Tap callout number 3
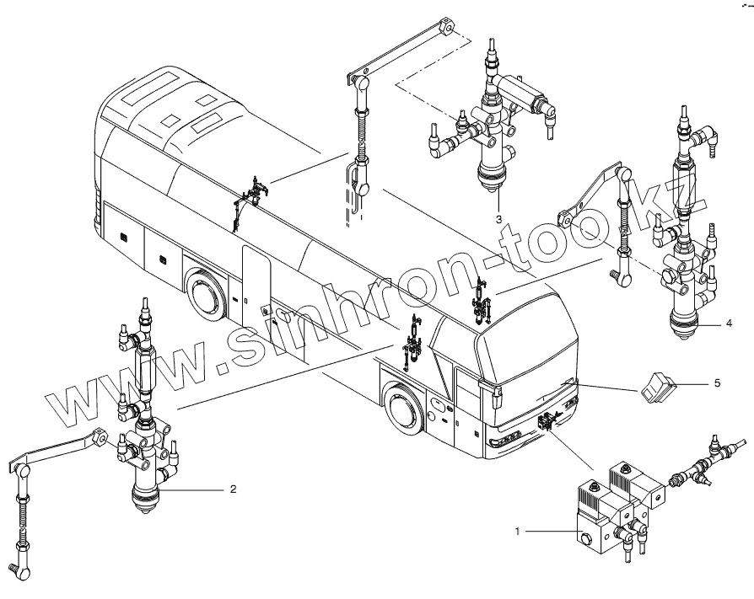[500, 217]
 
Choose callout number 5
[717, 382]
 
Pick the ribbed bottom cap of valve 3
[491, 179]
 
